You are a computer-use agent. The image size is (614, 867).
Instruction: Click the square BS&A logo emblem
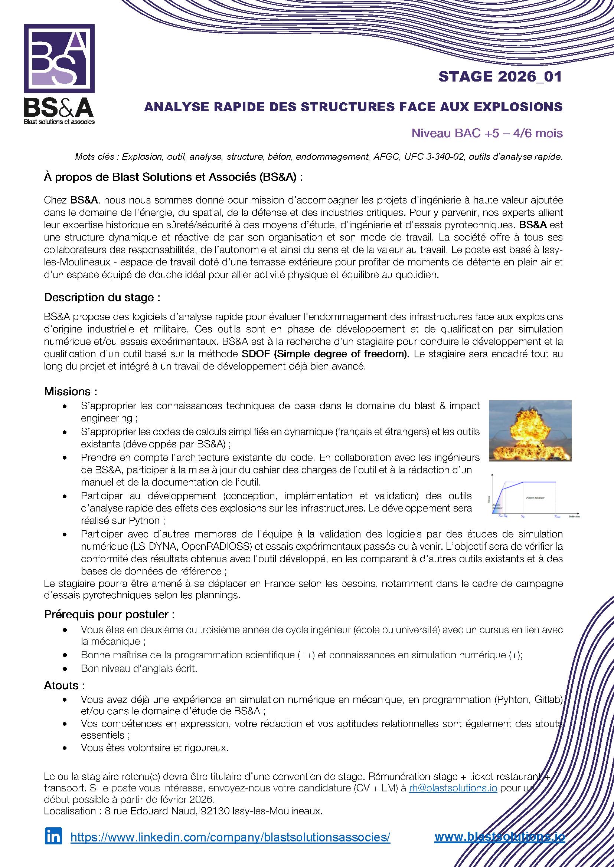(59, 59)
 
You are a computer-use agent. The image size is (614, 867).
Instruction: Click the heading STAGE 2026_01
(500, 77)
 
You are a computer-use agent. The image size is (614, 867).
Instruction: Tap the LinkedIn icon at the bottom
(53, 836)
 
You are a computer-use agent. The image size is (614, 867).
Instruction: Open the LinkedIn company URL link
(230, 837)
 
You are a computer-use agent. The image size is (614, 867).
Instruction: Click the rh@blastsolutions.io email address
(453, 788)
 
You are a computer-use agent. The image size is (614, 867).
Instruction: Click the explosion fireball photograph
(530, 430)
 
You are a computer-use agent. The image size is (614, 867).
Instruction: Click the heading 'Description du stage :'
(102, 298)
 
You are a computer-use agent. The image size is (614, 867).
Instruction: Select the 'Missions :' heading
(71, 391)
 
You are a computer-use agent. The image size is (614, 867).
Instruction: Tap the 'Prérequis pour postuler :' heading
(109, 614)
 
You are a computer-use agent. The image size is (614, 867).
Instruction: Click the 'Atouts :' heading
(64, 685)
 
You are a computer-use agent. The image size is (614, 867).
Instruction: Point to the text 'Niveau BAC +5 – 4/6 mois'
(487, 133)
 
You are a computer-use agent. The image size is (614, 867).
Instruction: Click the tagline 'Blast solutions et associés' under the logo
(59, 122)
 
